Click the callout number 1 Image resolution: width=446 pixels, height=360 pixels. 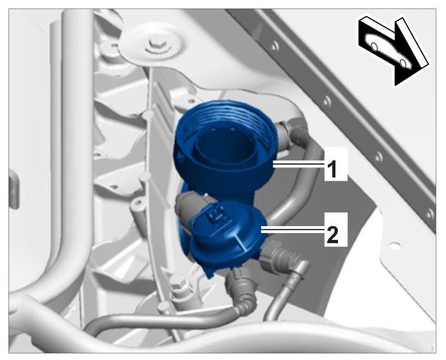(332, 169)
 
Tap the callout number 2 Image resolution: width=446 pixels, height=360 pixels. (332, 234)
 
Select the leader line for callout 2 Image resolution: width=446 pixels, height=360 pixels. (292, 229)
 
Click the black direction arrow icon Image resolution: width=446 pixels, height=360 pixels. (395, 51)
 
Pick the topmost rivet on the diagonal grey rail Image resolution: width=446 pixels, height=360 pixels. (274, 46)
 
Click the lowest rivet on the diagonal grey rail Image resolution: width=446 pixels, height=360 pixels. (430, 213)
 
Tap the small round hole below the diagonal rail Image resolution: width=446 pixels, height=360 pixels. (394, 245)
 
